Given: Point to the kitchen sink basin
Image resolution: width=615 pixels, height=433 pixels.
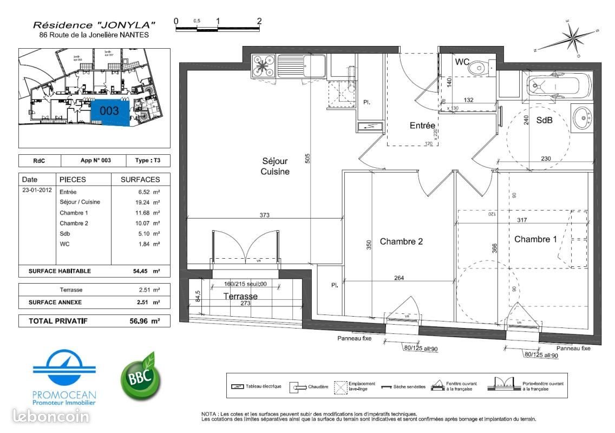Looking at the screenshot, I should [313, 66].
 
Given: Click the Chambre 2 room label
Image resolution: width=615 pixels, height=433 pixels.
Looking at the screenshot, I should [401, 241].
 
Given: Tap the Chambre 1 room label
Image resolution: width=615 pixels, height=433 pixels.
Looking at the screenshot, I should [535, 239].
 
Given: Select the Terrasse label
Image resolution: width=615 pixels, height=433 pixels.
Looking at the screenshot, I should [240, 297].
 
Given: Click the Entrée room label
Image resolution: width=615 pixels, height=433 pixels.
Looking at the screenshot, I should [422, 126].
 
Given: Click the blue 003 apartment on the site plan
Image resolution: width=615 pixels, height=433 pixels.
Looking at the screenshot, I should [110, 113].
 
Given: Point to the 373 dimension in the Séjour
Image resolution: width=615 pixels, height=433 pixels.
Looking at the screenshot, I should [264, 215].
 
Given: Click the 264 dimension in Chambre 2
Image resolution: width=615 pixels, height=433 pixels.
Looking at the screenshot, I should [399, 278].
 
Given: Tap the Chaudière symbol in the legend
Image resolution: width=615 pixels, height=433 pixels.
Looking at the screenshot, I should [297, 386].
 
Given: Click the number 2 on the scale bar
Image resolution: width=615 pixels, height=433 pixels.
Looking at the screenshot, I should [259, 22].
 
